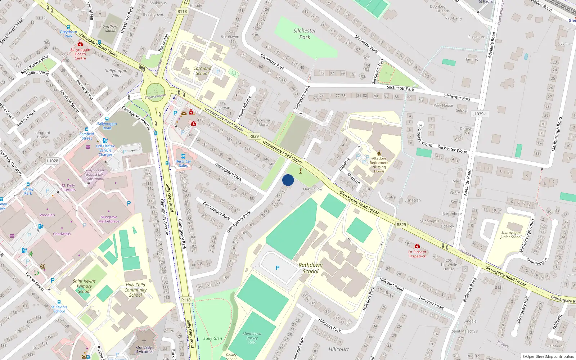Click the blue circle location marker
click(288, 180)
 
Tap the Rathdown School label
click(310, 268)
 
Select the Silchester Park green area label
click(305, 34)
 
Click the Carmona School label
click(202, 71)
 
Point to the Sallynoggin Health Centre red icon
click(80, 44)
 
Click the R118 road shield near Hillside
click(182, 12)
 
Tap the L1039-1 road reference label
click(480, 114)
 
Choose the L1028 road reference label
click(53, 161)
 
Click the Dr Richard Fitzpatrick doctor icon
click(417, 247)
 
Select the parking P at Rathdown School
click(278, 268)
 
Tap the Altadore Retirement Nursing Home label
click(379, 165)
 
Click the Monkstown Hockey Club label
click(252, 338)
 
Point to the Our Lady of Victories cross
click(144, 341)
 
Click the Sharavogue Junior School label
click(511, 235)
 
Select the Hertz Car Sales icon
click(183, 156)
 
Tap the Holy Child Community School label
click(136, 290)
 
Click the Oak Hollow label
click(312, 189)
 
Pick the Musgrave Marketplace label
click(109, 219)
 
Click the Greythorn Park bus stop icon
click(68, 27)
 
